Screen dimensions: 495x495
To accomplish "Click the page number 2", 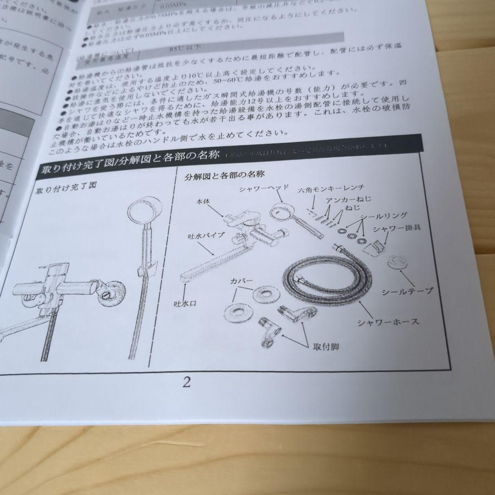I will coord(187,382).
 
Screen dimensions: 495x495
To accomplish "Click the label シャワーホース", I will coord(388,321).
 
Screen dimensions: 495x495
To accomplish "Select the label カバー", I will coord(241,280).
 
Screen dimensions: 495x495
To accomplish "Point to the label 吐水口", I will coord(185,303).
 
